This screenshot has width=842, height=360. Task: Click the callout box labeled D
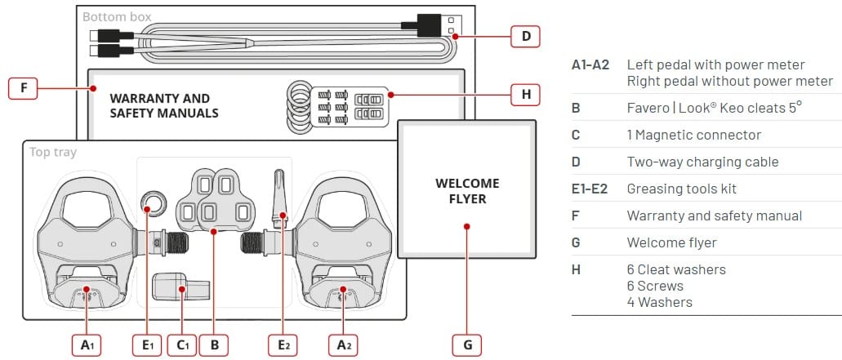[x=526, y=36]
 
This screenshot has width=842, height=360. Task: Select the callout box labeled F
[x=23, y=88]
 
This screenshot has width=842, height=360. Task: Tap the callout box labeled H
[x=526, y=95]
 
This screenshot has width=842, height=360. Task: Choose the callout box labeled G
[x=467, y=344]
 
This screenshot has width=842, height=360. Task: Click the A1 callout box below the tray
[x=87, y=344]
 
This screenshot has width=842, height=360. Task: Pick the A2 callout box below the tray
[x=345, y=344]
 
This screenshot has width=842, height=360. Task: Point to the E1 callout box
[x=148, y=344]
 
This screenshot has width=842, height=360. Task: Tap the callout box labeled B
[x=214, y=344]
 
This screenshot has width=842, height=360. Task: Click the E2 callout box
[x=283, y=344]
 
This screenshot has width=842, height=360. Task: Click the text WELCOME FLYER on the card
[x=467, y=191]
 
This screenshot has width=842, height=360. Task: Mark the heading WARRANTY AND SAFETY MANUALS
[x=164, y=105]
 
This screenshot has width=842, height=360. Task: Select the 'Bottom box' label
[x=117, y=16]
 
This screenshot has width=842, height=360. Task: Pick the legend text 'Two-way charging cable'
[x=702, y=162]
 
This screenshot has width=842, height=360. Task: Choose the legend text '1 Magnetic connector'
[x=693, y=135]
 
